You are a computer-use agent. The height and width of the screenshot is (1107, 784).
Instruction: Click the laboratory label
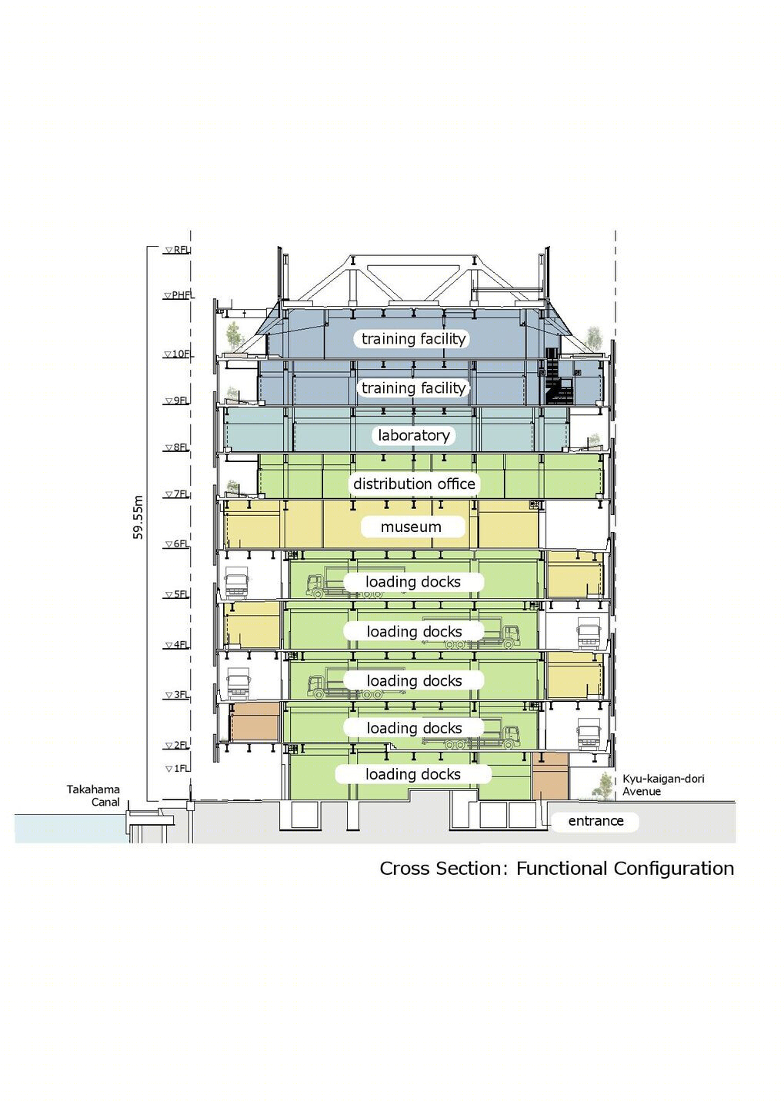[413, 435]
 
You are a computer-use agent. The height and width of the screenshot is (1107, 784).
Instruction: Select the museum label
[411, 527]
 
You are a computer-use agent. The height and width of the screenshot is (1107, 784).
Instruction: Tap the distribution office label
[413, 484]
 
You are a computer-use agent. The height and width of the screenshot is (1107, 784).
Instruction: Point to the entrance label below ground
[596, 821]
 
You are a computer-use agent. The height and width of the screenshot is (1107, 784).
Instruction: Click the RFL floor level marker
[178, 250]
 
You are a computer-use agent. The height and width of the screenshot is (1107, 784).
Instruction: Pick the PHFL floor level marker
[178, 295]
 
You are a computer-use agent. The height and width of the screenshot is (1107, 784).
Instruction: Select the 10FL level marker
[178, 354]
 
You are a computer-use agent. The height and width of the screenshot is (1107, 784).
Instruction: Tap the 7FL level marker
[178, 494]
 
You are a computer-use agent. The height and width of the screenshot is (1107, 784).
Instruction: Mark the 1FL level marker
[178, 769]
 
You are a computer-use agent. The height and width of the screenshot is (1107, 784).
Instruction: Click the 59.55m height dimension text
[138, 517]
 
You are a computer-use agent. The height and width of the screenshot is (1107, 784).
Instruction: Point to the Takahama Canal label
[94, 795]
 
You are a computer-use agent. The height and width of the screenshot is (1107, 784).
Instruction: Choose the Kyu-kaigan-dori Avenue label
[663, 785]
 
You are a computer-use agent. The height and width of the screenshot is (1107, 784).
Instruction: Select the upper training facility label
[413, 338]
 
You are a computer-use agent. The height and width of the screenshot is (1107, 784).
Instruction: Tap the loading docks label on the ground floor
[413, 774]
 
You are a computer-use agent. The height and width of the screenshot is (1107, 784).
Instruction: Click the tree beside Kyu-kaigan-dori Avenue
[603, 786]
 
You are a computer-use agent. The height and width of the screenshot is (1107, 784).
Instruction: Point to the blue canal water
[69, 828]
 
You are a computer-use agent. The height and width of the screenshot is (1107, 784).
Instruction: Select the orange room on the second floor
[255, 722]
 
